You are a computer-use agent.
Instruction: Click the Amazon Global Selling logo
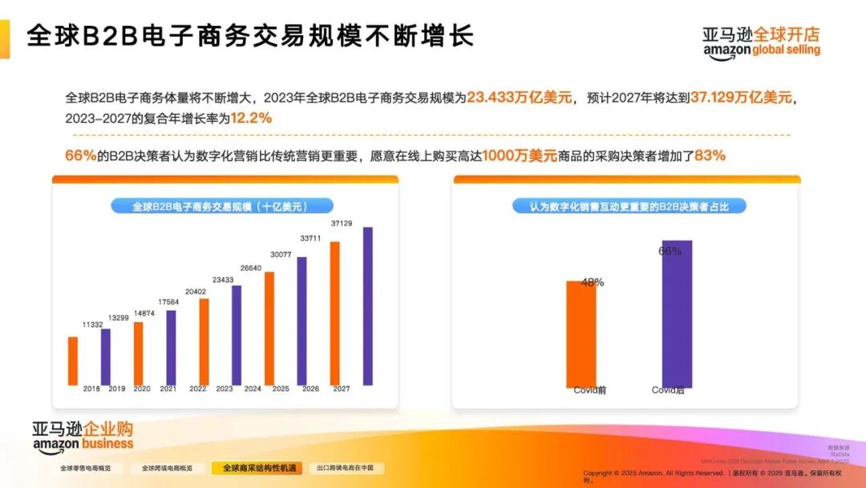tap(761, 43)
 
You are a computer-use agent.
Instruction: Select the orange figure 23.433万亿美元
tap(520, 97)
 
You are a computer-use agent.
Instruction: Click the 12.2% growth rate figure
tap(251, 118)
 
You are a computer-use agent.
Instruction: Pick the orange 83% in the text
tap(710, 156)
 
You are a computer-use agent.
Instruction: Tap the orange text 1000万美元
tap(520, 156)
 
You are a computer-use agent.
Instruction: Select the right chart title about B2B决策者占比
tap(629, 206)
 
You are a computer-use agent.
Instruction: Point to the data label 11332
tap(92, 325)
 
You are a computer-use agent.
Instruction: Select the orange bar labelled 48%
tap(581, 333)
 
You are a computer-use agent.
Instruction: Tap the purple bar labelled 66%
tap(677, 313)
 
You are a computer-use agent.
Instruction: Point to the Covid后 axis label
tap(668, 391)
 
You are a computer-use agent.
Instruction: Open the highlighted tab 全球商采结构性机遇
tap(257, 468)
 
